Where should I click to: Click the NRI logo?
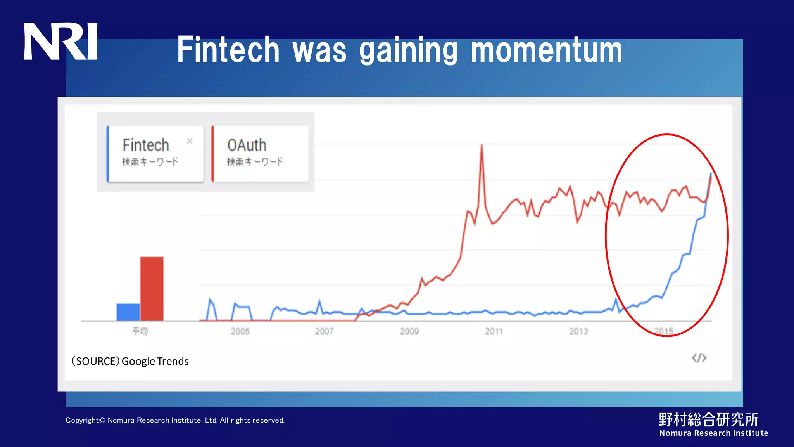click(60, 41)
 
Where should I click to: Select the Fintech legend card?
click(155, 154)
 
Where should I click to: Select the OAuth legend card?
click(260, 154)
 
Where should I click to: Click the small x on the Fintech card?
click(190, 141)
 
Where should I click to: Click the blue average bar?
click(128, 312)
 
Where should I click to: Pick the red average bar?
click(152, 289)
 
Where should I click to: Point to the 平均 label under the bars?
click(140, 331)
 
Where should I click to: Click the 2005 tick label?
click(240, 331)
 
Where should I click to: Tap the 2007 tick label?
click(324, 331)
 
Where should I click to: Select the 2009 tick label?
click(409, 331)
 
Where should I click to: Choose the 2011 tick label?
click(494, 331)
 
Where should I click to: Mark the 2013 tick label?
click(578, 331)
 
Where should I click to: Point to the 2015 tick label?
click(663, 331)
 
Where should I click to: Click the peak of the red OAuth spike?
click(482, 146)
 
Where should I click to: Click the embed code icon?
click(699, 358)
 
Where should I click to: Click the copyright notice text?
click(175, 420)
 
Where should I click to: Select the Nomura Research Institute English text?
click(713, 433)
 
